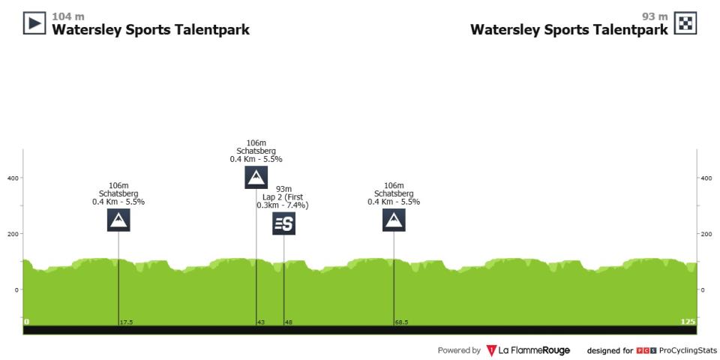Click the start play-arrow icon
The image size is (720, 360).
coord(34,23)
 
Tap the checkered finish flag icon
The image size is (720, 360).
coord(685,23)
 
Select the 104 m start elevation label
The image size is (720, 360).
coord(68,16)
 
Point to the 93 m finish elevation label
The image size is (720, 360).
coord(655,16)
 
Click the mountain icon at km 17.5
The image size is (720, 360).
coord(118,220)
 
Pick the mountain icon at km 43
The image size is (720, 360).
coord(256,177)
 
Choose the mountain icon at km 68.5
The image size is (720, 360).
coord(394,220)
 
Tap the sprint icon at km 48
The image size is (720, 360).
coord(283,223)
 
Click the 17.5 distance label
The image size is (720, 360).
coord(126,322)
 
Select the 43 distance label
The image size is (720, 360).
coord(261,322)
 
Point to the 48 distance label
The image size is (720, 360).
coord(288,322)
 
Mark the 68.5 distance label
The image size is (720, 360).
coord(402,322)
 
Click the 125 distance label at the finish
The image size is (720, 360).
coord(688,322)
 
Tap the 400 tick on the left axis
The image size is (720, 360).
coord(12,178)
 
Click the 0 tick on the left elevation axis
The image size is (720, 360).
coord(16,289)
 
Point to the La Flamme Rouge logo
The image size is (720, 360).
coord(528,351)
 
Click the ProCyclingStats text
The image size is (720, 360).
coord(688,351)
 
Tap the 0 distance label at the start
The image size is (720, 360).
coord(27,322)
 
